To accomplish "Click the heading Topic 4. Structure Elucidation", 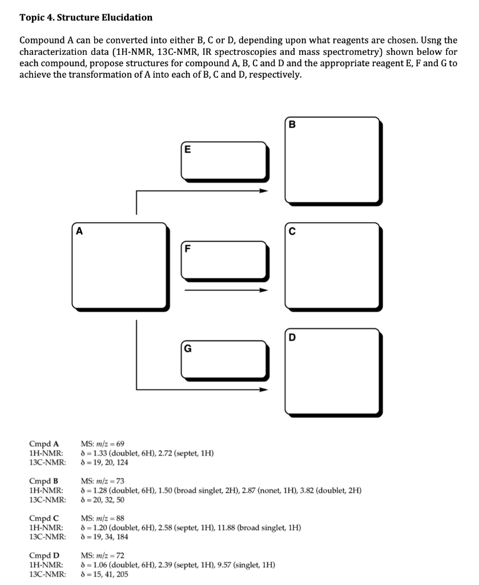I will [86, 17].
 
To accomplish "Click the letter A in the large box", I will [79, 231].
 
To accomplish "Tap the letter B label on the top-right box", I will [293, 125].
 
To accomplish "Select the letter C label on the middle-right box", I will [293, 231].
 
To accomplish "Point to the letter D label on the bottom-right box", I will [293, 337].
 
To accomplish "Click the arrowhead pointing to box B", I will [263, 191].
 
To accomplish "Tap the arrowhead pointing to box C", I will [263, 290].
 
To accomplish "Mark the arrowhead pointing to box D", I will [263, 391].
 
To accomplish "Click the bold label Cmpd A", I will [44, 443].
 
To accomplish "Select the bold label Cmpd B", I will [44, 480].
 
